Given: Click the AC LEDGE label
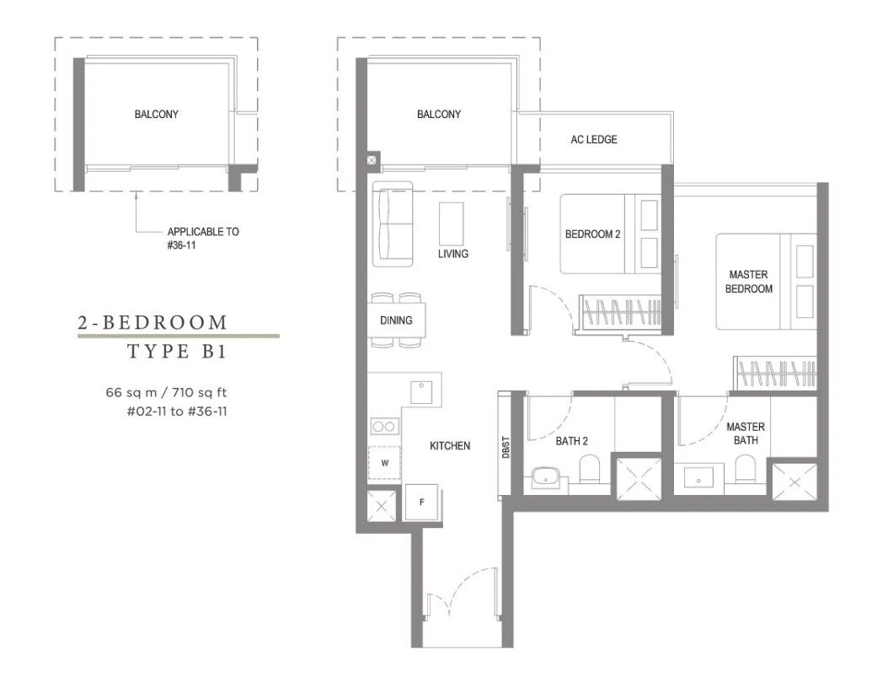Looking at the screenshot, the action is click(x=593, y=139).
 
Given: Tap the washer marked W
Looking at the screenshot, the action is click(x=384, y=463).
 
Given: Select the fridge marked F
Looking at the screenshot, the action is click(x=422, y=503).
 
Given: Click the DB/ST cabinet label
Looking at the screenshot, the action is click(x=506, y=447).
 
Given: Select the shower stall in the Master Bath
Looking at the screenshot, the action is click(x=794, y=481).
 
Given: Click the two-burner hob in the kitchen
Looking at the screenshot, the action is click(x=385, y=427).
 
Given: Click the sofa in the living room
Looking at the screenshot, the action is click(x=393, y=223).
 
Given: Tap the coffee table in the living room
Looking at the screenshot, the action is click(x=451, y=222).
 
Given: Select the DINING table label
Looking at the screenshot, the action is click(x=396, y=320).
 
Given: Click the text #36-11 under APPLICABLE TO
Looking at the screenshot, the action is click(x=181, y=245).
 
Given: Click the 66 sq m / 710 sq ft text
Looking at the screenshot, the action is click(x=166, y=392).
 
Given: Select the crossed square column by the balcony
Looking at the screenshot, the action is click(x=372, y=160).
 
